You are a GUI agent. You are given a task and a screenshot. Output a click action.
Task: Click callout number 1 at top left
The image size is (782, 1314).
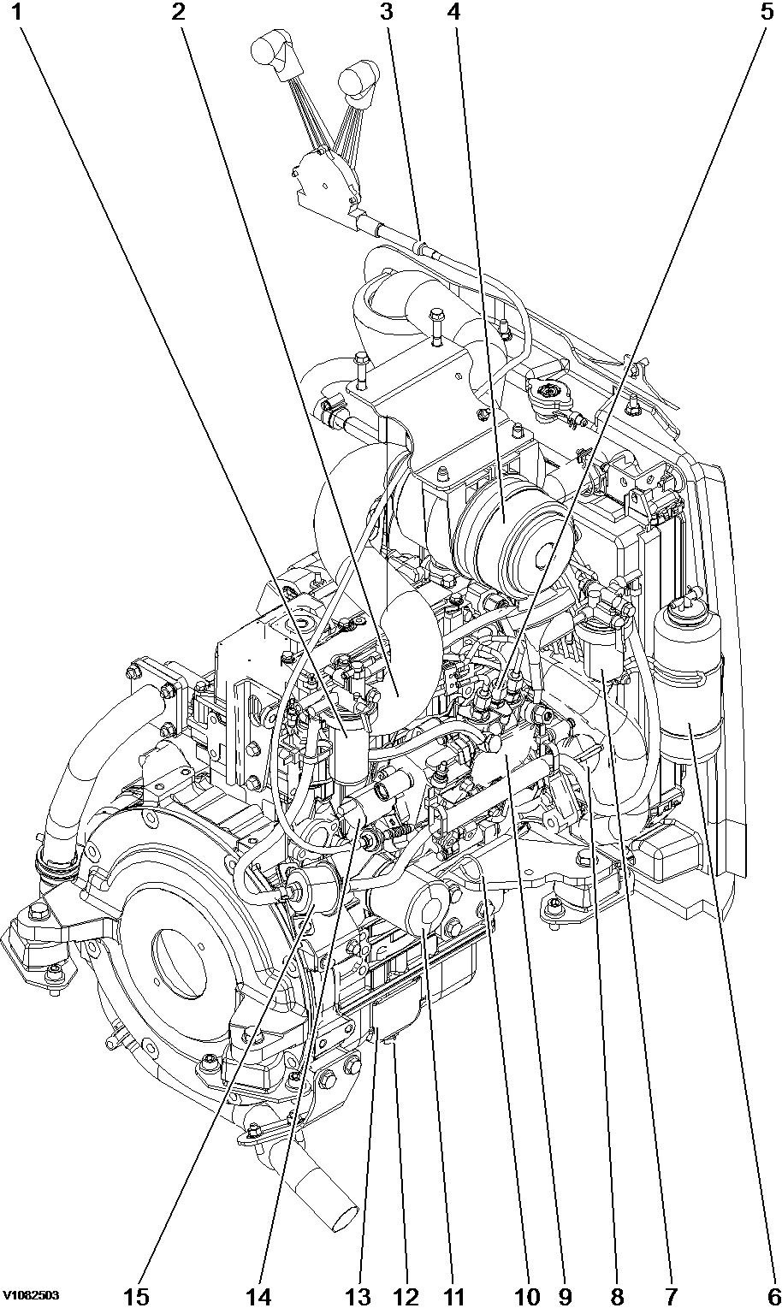click(16, 12)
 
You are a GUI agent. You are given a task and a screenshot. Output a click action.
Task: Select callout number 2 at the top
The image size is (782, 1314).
click(178, 12)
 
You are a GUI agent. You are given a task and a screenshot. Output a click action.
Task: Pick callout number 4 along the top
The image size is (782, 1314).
click(453, 12)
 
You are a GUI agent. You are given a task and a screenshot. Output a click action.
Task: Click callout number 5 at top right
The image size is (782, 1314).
click(767, 12)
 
